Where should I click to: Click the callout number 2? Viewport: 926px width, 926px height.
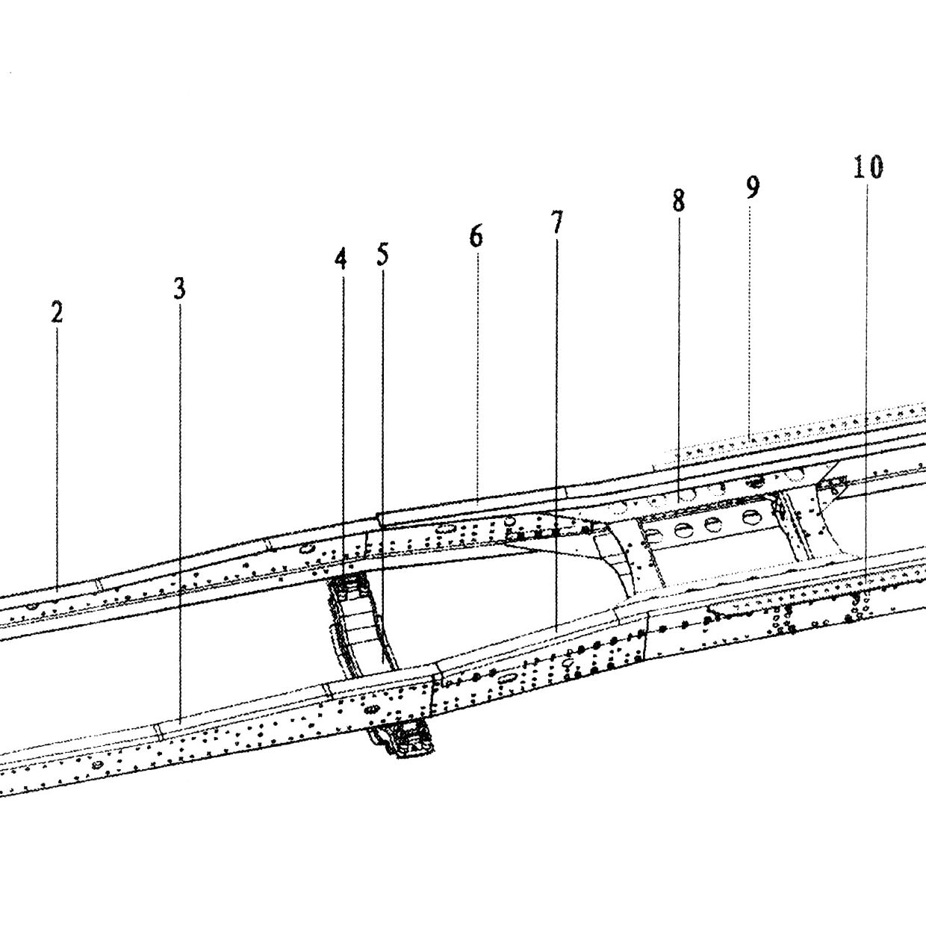point(58,314)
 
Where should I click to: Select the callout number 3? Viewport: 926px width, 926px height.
point(180,289)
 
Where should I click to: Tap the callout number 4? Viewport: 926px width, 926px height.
point(341,259)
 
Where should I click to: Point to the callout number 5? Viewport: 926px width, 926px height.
point(382,255)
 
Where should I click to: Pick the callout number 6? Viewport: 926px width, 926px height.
point(476,237)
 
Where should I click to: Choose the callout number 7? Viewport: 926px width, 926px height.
point(556,223)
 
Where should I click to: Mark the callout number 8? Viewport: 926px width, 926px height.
point(678,201)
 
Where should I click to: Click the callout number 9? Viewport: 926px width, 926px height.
point(753,187)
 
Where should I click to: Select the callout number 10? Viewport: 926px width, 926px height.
point(868,167)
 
